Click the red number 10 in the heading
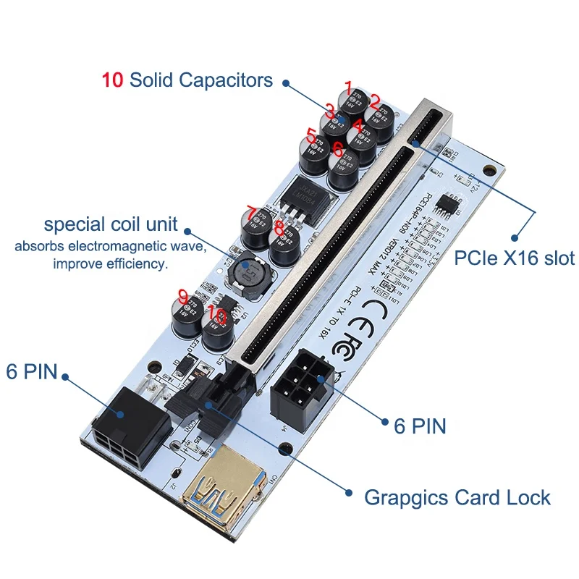click(113, 80)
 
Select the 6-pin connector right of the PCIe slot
click(300, 387)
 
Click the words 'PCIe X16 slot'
click(515, 258)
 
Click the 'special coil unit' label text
click(111, 225)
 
